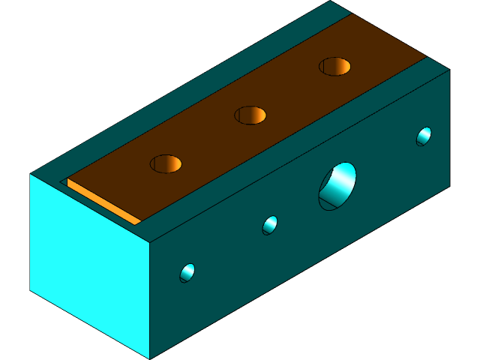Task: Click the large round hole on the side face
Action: [338, 186]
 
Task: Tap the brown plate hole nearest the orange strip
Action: [166, 163]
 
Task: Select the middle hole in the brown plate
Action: [250, 115]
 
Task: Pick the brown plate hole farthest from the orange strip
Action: [334, 66]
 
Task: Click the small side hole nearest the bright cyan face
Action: [187, 273]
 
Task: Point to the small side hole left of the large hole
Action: [270, 224]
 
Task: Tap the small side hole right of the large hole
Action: [424, 136]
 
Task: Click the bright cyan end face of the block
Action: [90, 255]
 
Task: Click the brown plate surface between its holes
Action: [210, 139]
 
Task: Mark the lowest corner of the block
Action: [150, 358]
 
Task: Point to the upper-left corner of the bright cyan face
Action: [31, 175]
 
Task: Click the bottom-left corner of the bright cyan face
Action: [31, 290]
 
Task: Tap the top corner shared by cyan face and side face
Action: [150, 244]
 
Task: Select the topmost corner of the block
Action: [331, 1]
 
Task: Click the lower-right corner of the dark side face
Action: [449, 185]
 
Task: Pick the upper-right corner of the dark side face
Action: [449, 70]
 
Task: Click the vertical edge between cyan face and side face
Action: [150, 300]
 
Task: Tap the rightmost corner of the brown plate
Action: [426, 58]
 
